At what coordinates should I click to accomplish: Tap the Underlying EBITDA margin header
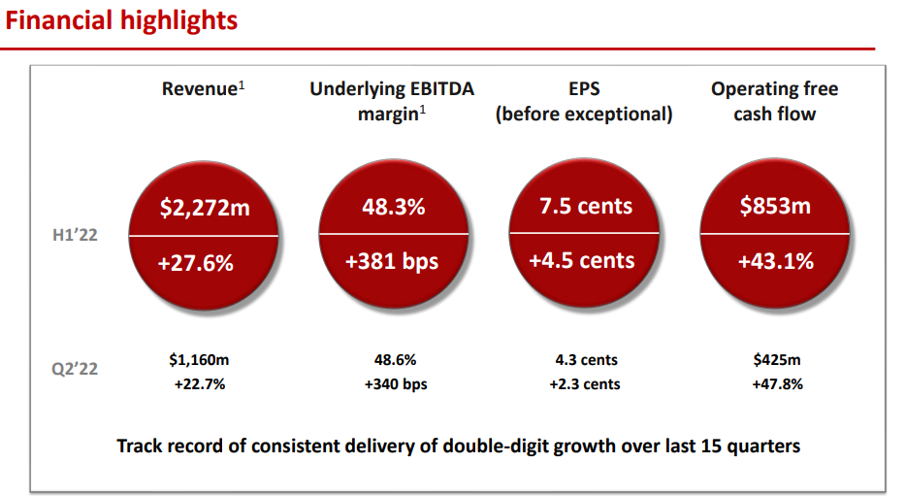pos(392,101)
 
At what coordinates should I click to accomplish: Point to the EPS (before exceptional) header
pos(584,101)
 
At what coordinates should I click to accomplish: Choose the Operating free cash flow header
pos(774,101)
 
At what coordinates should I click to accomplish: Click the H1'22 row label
pos(75,235)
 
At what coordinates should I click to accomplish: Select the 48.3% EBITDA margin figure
pos(393,207)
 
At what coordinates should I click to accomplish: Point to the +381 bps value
pos(393,262)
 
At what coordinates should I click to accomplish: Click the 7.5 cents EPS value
pos(585,207)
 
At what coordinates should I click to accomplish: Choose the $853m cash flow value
pos(774,207)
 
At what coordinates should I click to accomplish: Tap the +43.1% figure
pos(774,262)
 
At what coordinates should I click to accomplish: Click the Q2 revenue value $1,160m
pos(199,360)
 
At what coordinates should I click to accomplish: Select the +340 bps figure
pos(395,384)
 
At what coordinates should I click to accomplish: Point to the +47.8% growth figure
pos(777,384)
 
